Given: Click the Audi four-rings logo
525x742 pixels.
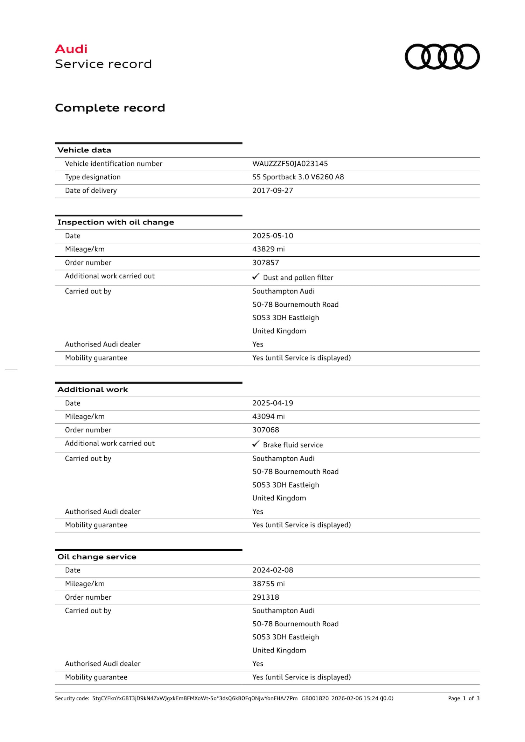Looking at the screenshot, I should click(x=442, y=57).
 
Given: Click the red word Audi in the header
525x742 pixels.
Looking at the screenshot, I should click(x=71, y=49).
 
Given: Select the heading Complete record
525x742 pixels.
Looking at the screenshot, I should click(x=110, y=108).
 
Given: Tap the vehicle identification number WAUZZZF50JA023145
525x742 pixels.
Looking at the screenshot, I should click(x=290, y=164).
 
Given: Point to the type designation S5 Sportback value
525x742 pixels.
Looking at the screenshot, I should click(x=298, y=177).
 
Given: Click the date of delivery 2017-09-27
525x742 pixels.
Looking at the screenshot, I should click(x=273, y=191).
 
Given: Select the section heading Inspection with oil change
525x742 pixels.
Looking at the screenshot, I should click(x=115, y=222).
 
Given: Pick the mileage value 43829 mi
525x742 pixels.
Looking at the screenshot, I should click(x=268, y=249).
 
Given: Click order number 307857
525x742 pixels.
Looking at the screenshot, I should click(x=266, y=263).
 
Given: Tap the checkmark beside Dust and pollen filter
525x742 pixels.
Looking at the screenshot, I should click(x=256, y=277).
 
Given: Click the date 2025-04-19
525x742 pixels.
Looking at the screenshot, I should click(x=273, y=403).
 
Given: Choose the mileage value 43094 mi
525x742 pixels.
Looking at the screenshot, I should click(x=268, y=416).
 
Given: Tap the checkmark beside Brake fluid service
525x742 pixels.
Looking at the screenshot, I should click(x=256, y=444).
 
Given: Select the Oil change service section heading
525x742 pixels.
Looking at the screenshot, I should click(x=97, y=557).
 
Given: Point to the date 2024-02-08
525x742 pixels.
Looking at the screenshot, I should click(x=273, y=570).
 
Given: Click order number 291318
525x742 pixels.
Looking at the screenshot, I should click(x=266, y=597).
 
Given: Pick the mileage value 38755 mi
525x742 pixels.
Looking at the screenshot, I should click(x=268, y=584).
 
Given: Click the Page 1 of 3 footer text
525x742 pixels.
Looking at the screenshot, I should click(x=463, y=698).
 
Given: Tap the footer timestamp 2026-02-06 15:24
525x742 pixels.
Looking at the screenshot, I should click(x=355, y=698).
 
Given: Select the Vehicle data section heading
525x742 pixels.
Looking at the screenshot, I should click(x=84, y=150).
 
